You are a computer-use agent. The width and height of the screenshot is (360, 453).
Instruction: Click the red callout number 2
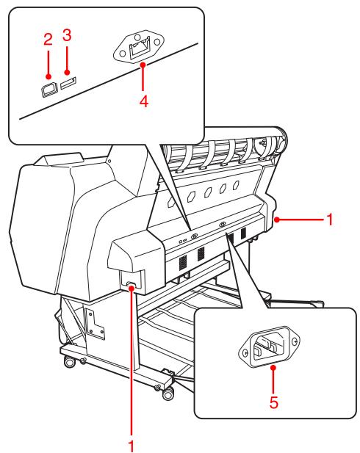(x=48, y=40)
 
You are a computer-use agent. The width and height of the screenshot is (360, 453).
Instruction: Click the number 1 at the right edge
(x=332, y=220)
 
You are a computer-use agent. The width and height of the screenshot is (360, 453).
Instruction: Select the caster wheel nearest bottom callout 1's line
(x=168, y=394)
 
